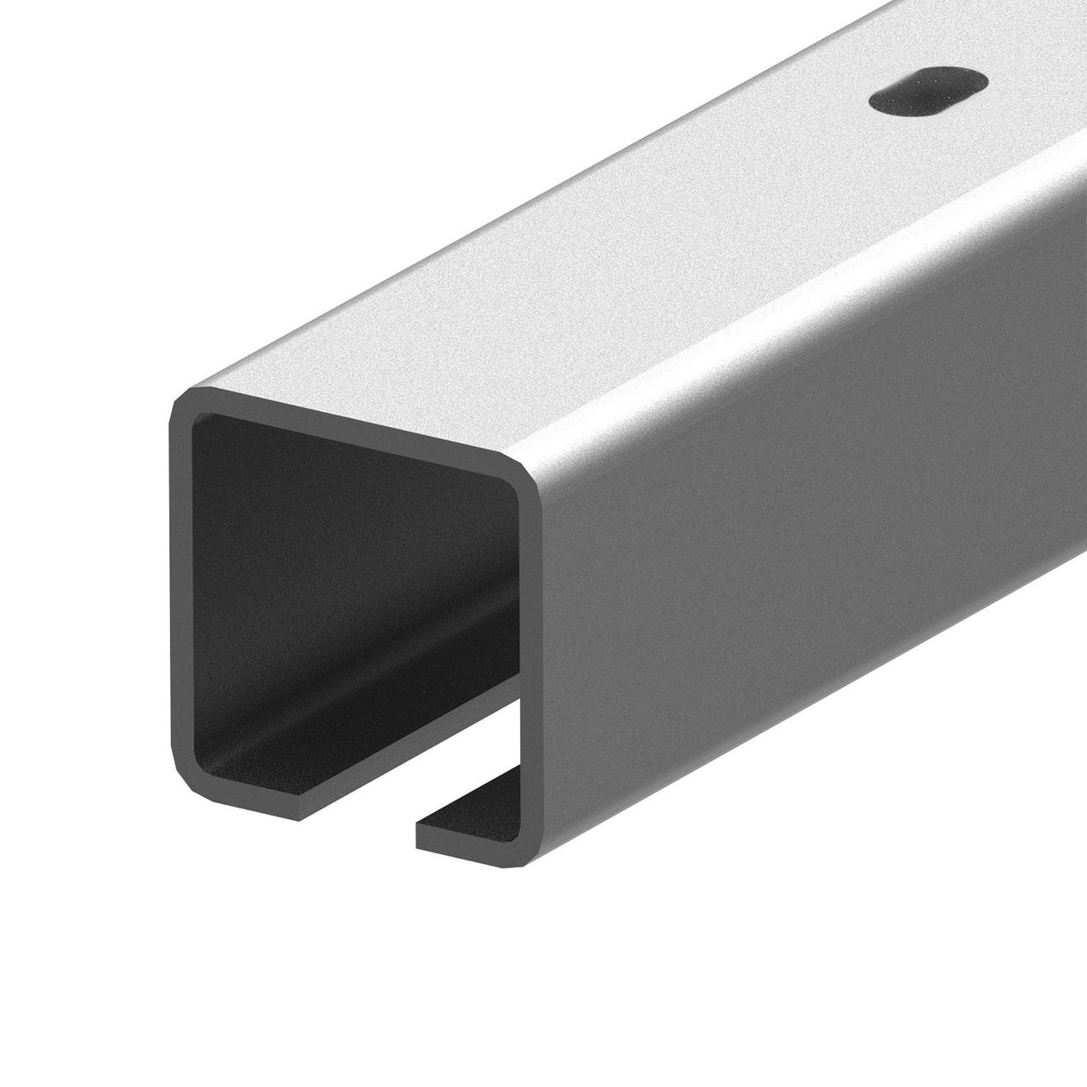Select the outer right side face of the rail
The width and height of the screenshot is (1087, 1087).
(806, 537)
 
